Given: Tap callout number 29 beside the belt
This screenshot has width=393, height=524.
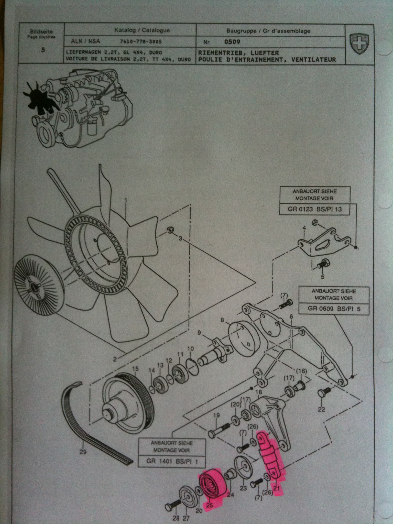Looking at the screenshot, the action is (83, 452).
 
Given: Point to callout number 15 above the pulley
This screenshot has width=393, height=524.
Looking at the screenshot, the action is (135, 369).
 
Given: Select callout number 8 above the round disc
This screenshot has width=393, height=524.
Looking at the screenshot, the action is (222, 320).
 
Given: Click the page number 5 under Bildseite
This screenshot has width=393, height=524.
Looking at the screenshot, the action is (43, 50).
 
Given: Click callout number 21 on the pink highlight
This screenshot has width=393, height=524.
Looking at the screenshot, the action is (276, 488).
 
